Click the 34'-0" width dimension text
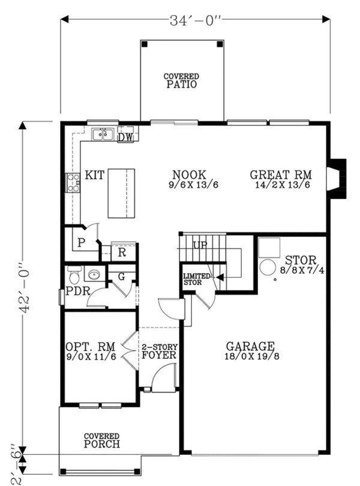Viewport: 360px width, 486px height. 195,19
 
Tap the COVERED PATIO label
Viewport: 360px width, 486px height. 181,81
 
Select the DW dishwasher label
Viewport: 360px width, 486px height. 125,138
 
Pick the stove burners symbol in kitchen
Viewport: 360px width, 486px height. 73,182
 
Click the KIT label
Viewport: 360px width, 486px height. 95,175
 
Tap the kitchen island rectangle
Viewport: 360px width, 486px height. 121,193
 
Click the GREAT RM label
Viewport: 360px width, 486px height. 281,175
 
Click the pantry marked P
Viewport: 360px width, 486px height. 80,244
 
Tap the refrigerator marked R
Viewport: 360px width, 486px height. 122,252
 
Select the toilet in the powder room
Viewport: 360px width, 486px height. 74,275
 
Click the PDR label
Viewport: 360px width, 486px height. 77,291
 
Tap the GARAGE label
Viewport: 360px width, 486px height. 250,346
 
